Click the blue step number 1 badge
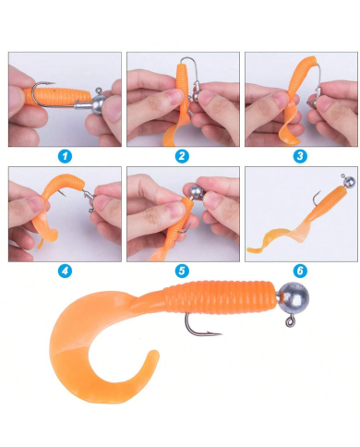click(x=65, y=156)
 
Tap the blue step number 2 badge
click(x=182, y=156)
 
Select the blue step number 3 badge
click(x=300, y=156)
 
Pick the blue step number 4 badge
click(x=65, y=272)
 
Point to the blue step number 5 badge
click(x=182, y=272)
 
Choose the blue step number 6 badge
click(x=300, y=272)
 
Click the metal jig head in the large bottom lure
click(x=294, y=298)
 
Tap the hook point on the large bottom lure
click(x=220, y=333)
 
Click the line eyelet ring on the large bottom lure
click(x=290, y=322)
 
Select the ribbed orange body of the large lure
click(x=220, y=297)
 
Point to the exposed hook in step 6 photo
click(x=316, y=198)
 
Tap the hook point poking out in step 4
click(x=62, y=193)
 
